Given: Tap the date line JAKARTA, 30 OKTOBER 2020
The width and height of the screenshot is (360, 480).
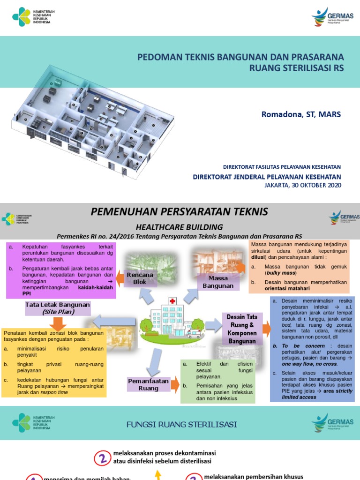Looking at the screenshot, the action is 303,185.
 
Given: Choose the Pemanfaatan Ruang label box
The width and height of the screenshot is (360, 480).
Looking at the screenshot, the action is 149,385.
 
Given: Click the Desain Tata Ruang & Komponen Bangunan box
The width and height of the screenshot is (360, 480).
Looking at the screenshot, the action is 242,329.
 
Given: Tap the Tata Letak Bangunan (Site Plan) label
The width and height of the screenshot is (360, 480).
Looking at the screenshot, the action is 58,308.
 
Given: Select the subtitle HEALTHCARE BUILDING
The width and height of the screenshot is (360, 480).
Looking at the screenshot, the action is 180,226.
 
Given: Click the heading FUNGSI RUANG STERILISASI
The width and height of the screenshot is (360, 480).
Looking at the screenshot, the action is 181,425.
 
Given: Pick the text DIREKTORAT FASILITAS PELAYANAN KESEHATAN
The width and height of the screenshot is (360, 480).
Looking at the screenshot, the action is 282,167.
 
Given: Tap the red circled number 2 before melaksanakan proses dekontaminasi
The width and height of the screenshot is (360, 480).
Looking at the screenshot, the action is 102,457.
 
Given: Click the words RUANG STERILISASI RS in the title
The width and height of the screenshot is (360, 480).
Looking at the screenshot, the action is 297,67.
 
